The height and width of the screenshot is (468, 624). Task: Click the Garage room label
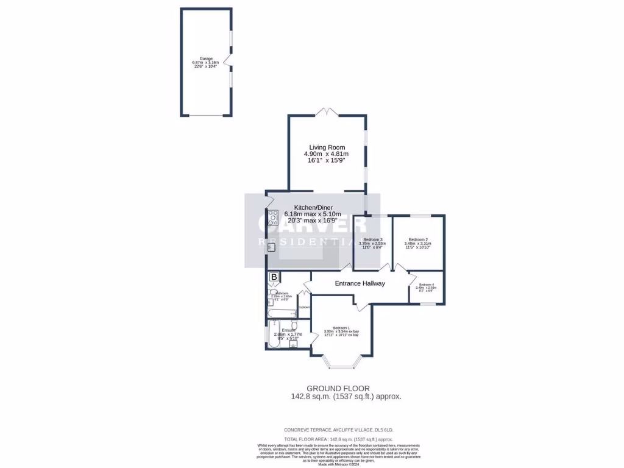point(205,58)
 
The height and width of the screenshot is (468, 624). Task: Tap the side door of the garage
point(227,60)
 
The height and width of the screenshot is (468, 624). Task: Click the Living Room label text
point(327,147)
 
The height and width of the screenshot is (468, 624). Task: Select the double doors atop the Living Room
point(327,112)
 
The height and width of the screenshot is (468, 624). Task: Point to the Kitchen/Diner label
point(313,207)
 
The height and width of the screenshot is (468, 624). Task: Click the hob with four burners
point(273,218)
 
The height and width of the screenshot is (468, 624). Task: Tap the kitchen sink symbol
point(271,247)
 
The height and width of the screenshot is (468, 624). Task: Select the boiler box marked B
point(274,278)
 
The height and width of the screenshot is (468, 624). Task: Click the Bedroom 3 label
point(372,239)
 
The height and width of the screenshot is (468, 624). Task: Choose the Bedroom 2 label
point(418,239)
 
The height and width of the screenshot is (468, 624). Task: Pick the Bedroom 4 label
point(426,285)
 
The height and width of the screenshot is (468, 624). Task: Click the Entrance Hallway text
point(360,283)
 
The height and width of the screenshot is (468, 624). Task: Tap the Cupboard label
point(304,307)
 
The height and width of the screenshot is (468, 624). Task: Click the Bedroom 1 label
point(341,328)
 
